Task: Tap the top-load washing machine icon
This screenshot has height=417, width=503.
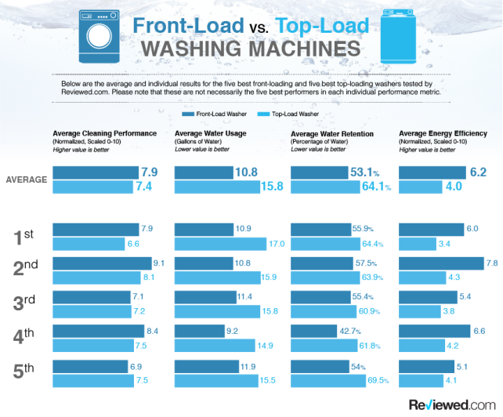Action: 399,38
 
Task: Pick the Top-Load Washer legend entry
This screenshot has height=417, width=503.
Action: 293,114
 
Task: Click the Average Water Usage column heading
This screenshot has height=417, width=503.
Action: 210,133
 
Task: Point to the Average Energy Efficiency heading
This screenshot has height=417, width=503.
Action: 443,133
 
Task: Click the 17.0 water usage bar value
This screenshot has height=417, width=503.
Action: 277,243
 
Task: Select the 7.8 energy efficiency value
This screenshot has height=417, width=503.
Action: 491,263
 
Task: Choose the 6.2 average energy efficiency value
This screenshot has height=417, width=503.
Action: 477,172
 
